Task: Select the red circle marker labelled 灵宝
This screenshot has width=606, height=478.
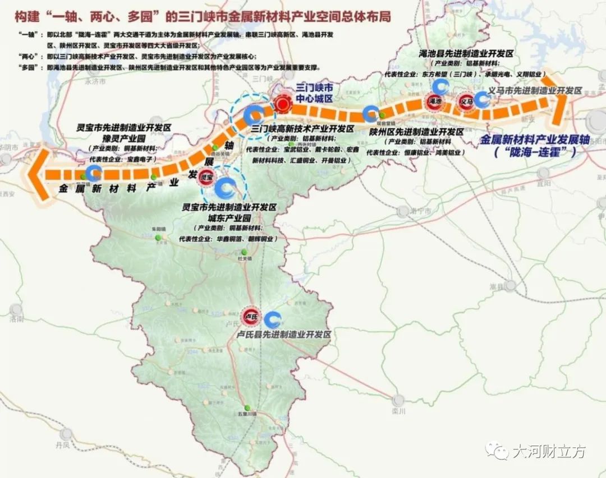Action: (205, 178)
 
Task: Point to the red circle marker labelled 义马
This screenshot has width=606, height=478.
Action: (465, 103)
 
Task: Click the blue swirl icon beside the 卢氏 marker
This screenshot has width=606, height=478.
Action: (274, 320)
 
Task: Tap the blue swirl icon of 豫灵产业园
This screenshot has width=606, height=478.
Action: (93, 172)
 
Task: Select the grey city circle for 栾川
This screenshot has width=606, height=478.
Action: (399, 400)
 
